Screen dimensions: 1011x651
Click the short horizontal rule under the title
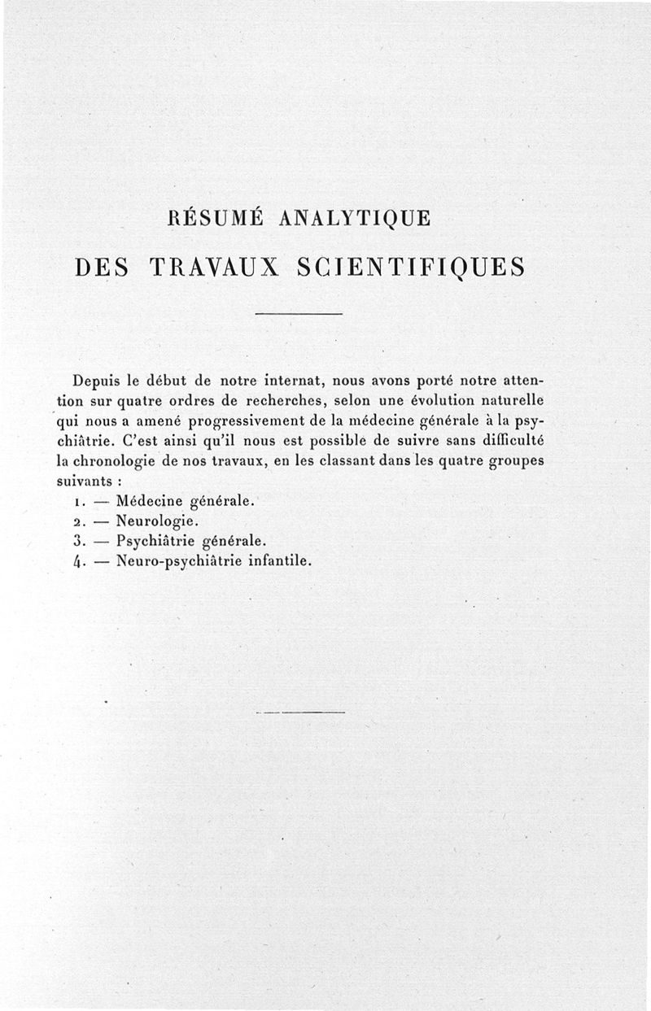[299, 314]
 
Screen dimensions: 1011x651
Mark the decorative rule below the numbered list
[300, 712]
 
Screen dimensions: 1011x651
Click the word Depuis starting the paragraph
[97, 381]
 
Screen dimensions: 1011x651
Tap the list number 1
[73, 502]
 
